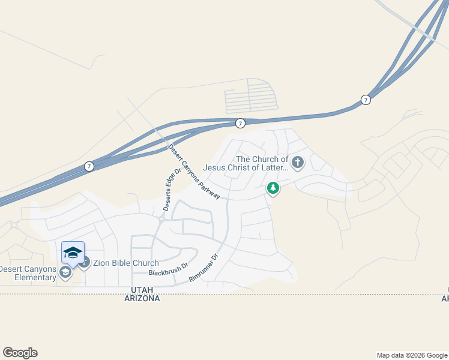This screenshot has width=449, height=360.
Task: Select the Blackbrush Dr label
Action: click(x=169, y=268)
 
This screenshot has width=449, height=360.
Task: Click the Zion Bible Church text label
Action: click(x=125, y=263)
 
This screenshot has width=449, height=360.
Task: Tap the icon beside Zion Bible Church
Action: click(x=84, y=263)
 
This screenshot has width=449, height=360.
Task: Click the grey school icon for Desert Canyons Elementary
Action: click(x=65, y=272)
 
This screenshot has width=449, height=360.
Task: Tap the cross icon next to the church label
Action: click(x=298, y=161)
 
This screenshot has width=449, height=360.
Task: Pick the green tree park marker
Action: click(x=273, y=188)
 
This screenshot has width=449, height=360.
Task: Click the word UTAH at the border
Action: click(x=142, y=290)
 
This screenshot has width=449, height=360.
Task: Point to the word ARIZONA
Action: click(x=142, y=298)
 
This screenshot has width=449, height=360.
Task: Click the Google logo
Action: click(x=20, y=353)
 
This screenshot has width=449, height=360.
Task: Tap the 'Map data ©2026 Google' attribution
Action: click(x=411, y=355)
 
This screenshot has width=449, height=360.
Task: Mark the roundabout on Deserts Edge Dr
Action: click(x=161, y=220)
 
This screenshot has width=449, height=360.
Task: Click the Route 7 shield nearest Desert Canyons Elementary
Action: click(x=89, y=166)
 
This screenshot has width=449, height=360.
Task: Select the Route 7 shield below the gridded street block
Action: click(x=240, y=123)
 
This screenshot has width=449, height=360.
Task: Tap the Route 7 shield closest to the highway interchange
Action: click(x=365, y=100)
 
